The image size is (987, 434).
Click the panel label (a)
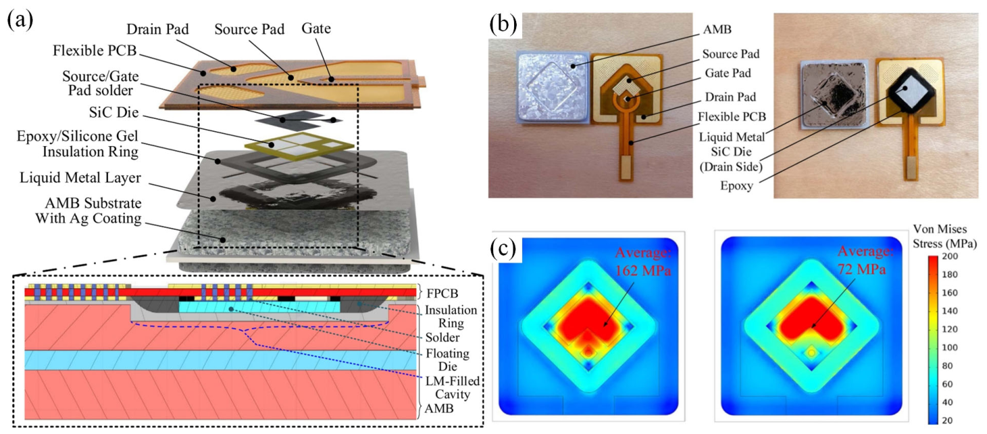(20, 21)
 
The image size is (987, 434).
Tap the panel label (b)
(503, 24)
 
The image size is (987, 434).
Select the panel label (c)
(503, 249)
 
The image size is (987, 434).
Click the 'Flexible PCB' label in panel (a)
(95, 50)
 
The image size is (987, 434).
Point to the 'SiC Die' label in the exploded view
(113, 112)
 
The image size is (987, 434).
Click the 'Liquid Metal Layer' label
(80, 178)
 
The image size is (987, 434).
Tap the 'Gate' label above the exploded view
(316, 28)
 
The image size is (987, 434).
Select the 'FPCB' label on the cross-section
(442, 293)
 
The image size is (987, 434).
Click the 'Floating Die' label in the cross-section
(447, 360)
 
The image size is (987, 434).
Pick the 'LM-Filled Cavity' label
(453, 387)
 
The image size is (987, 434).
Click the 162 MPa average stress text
(643, 262)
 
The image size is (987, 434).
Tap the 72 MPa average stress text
(866, 260)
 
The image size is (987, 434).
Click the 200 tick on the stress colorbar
(950, 256)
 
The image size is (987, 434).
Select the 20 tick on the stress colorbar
(947, 420)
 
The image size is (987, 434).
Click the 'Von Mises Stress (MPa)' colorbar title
(944, 236)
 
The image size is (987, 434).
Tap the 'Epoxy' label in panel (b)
(736, 186)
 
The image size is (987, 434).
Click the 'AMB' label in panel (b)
(717, 29)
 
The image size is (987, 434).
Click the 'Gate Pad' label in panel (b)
(728, 73)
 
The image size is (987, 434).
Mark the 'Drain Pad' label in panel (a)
(157, 29)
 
